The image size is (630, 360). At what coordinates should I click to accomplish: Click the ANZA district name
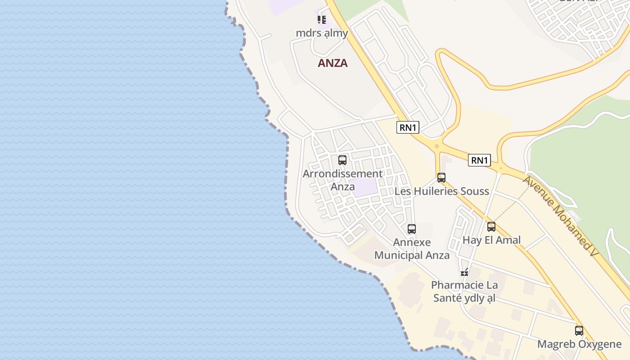(333, 63)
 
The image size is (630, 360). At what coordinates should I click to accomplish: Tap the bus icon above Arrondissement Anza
(342, 160)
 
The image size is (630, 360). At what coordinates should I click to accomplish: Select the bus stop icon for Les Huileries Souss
(441, 178)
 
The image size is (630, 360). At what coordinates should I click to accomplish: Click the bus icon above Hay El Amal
(491, 227)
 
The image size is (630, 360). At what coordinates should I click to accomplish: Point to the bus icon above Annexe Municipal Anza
(412, 229)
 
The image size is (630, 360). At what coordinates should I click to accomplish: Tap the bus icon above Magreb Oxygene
(579, 331)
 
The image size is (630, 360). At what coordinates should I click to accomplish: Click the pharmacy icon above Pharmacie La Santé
(465, 272)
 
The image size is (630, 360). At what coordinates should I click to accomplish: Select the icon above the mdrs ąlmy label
(321, 20)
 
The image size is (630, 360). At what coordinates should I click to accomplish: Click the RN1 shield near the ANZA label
(408, 127)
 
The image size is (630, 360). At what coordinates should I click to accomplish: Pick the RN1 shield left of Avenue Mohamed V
(479, 160)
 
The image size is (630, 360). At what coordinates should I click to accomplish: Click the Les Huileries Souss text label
(441, 191)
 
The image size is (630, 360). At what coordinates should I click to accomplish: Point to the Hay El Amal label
(491, 240)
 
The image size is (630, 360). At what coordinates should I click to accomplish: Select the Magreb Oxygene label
(579, 344)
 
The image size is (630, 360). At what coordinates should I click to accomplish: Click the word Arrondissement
(342, 174)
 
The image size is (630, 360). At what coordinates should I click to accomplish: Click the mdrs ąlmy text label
(322, 33)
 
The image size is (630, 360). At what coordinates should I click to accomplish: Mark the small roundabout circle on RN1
(436, 146)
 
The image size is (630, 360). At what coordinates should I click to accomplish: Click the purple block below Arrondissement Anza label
(366, 187)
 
